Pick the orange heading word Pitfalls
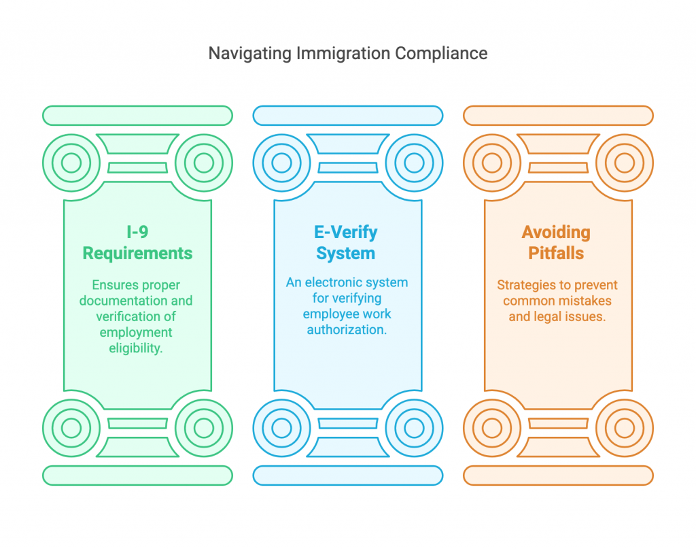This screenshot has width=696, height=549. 557,254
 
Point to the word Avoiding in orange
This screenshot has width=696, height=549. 557,232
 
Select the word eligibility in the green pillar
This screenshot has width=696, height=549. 137,348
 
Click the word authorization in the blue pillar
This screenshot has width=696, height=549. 347,330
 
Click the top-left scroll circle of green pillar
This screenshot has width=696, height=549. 71,163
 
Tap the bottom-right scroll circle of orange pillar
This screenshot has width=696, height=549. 624,428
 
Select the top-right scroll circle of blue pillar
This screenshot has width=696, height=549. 413,163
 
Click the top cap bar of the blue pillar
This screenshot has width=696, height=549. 347,116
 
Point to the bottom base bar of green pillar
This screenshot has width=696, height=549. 137,475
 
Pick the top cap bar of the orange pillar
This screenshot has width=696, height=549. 558,116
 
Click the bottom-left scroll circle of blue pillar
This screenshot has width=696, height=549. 281,428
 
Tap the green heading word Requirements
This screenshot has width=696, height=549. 137,254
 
